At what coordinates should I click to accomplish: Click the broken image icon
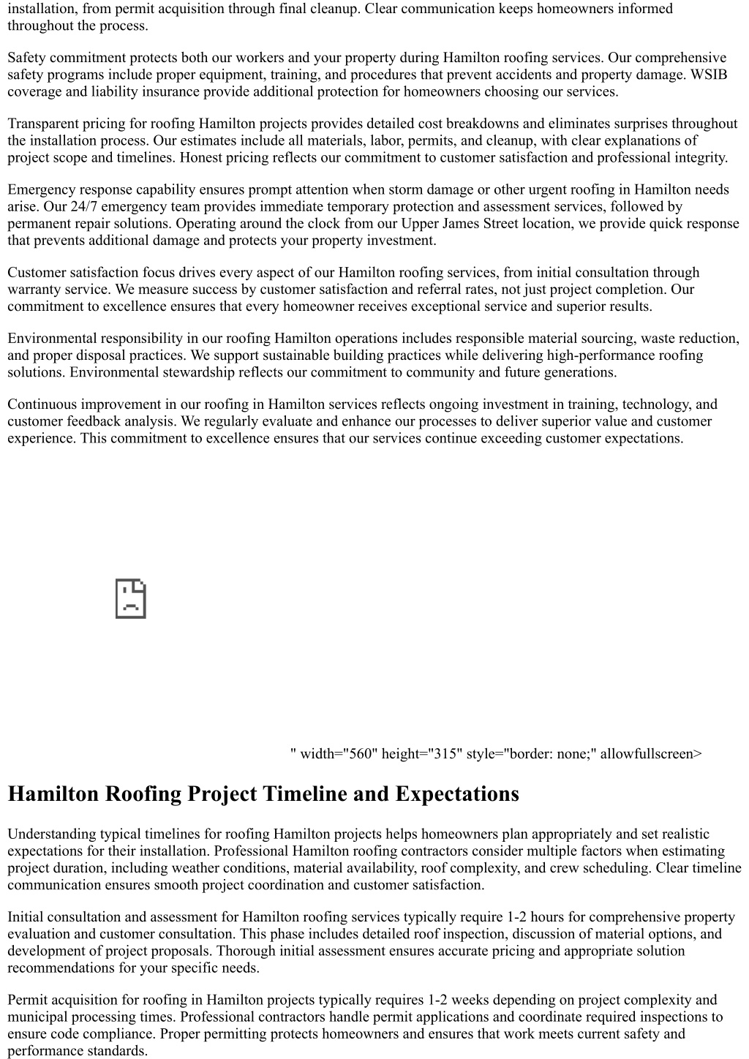click(131, 599)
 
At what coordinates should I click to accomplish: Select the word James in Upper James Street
click(462, 223)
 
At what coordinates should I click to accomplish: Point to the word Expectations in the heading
click(457, 794)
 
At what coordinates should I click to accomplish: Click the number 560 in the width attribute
click(361, 753)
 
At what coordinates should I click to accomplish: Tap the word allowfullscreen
click(650, 753)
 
